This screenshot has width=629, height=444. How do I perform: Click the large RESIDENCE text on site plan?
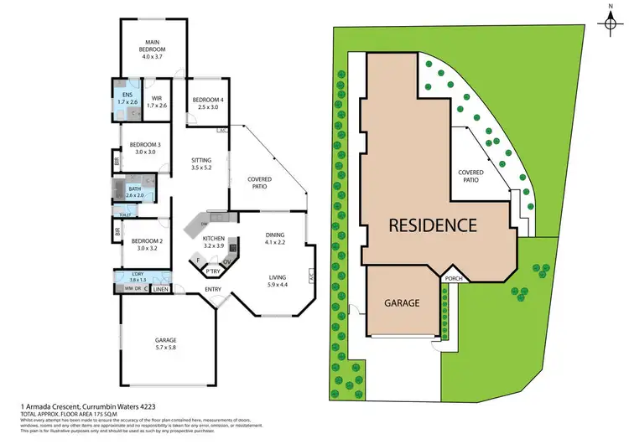click(x=432, y=225)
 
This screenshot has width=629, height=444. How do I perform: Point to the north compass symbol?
click(x=610, y=22)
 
